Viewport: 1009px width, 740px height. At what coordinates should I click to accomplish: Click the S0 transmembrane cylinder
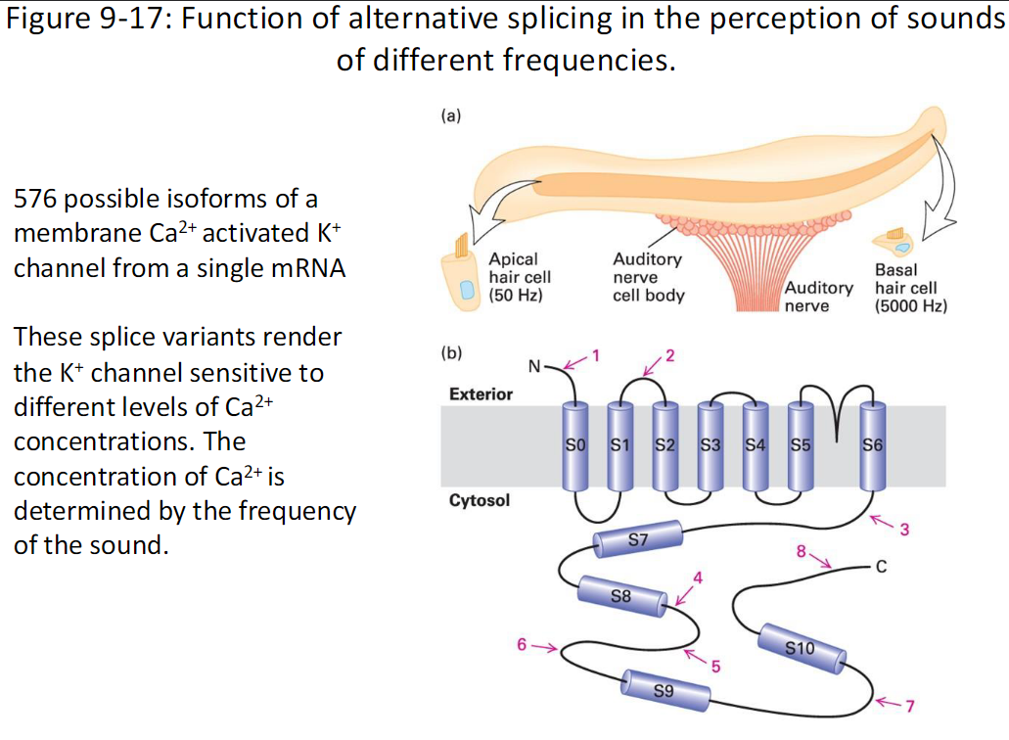click(x=576, y=445)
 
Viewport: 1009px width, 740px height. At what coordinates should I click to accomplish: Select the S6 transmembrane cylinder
click(x=874, y=445)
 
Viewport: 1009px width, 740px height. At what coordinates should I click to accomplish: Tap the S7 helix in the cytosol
click(x=637, y=539)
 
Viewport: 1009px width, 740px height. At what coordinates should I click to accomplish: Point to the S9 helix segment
click(x=664, y=689)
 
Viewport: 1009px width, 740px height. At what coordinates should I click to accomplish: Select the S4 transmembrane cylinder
click(x=755, y=445)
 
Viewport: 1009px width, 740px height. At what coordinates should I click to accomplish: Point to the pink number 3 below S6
click(x=904, y=531)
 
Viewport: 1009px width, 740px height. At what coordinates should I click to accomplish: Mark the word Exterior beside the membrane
click(x=481, y=393)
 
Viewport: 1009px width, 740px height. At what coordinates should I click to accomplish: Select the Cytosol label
click(x=479, y=501)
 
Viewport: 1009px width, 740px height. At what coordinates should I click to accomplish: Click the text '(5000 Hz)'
click(x=910, y=305)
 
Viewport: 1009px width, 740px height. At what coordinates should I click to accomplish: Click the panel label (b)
click(x=451, y=351)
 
